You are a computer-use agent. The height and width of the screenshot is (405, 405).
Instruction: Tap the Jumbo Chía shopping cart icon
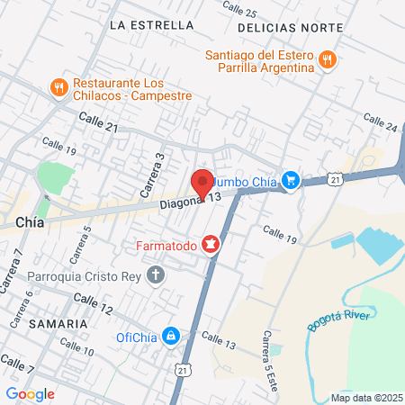[290, 181]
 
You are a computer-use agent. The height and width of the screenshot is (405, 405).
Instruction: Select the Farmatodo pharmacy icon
[211, 244]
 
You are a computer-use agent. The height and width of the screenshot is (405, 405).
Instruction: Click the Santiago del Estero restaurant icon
[328, 61]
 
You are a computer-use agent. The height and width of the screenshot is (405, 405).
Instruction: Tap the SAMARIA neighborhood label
[45, 322]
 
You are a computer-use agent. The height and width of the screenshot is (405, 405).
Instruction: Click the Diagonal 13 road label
[190, 201]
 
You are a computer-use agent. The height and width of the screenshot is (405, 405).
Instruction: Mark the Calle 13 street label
[218, 337]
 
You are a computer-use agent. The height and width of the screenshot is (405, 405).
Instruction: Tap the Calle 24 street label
[380, 122]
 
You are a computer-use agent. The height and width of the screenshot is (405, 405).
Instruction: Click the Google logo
[30, 393]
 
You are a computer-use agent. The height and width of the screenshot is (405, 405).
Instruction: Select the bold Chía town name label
[31, 220]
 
